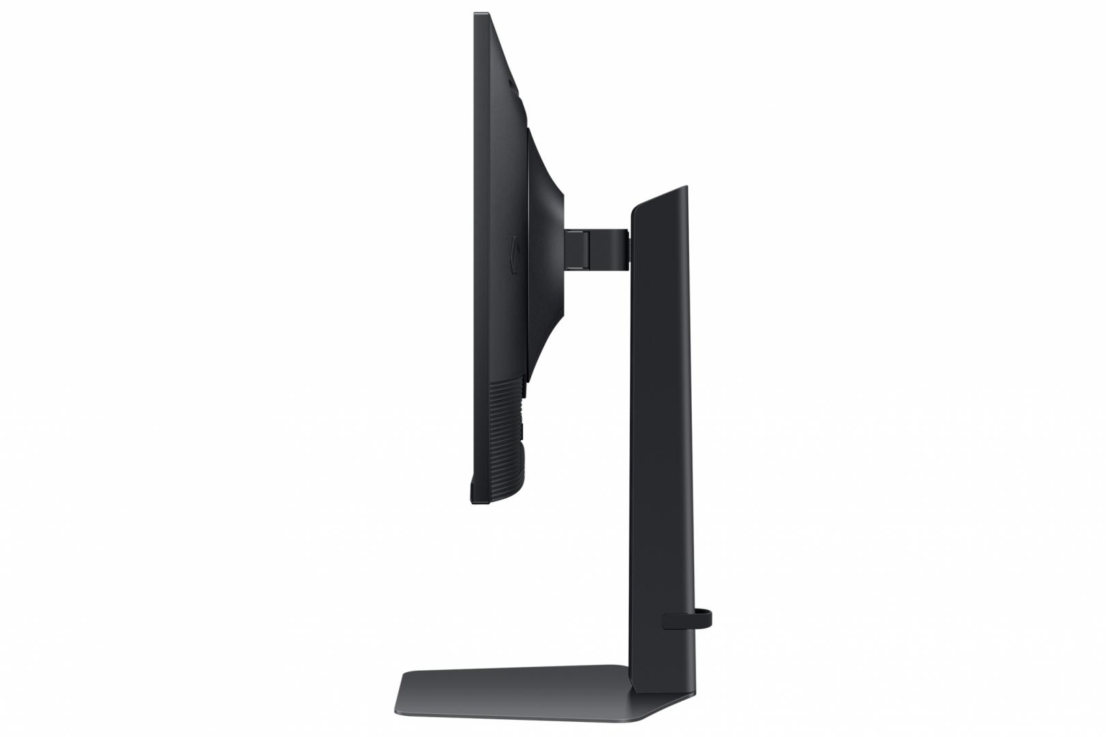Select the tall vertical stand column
[x=659, y=444]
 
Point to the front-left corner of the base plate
[x=404, y=693]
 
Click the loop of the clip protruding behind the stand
[x=707, y=618]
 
